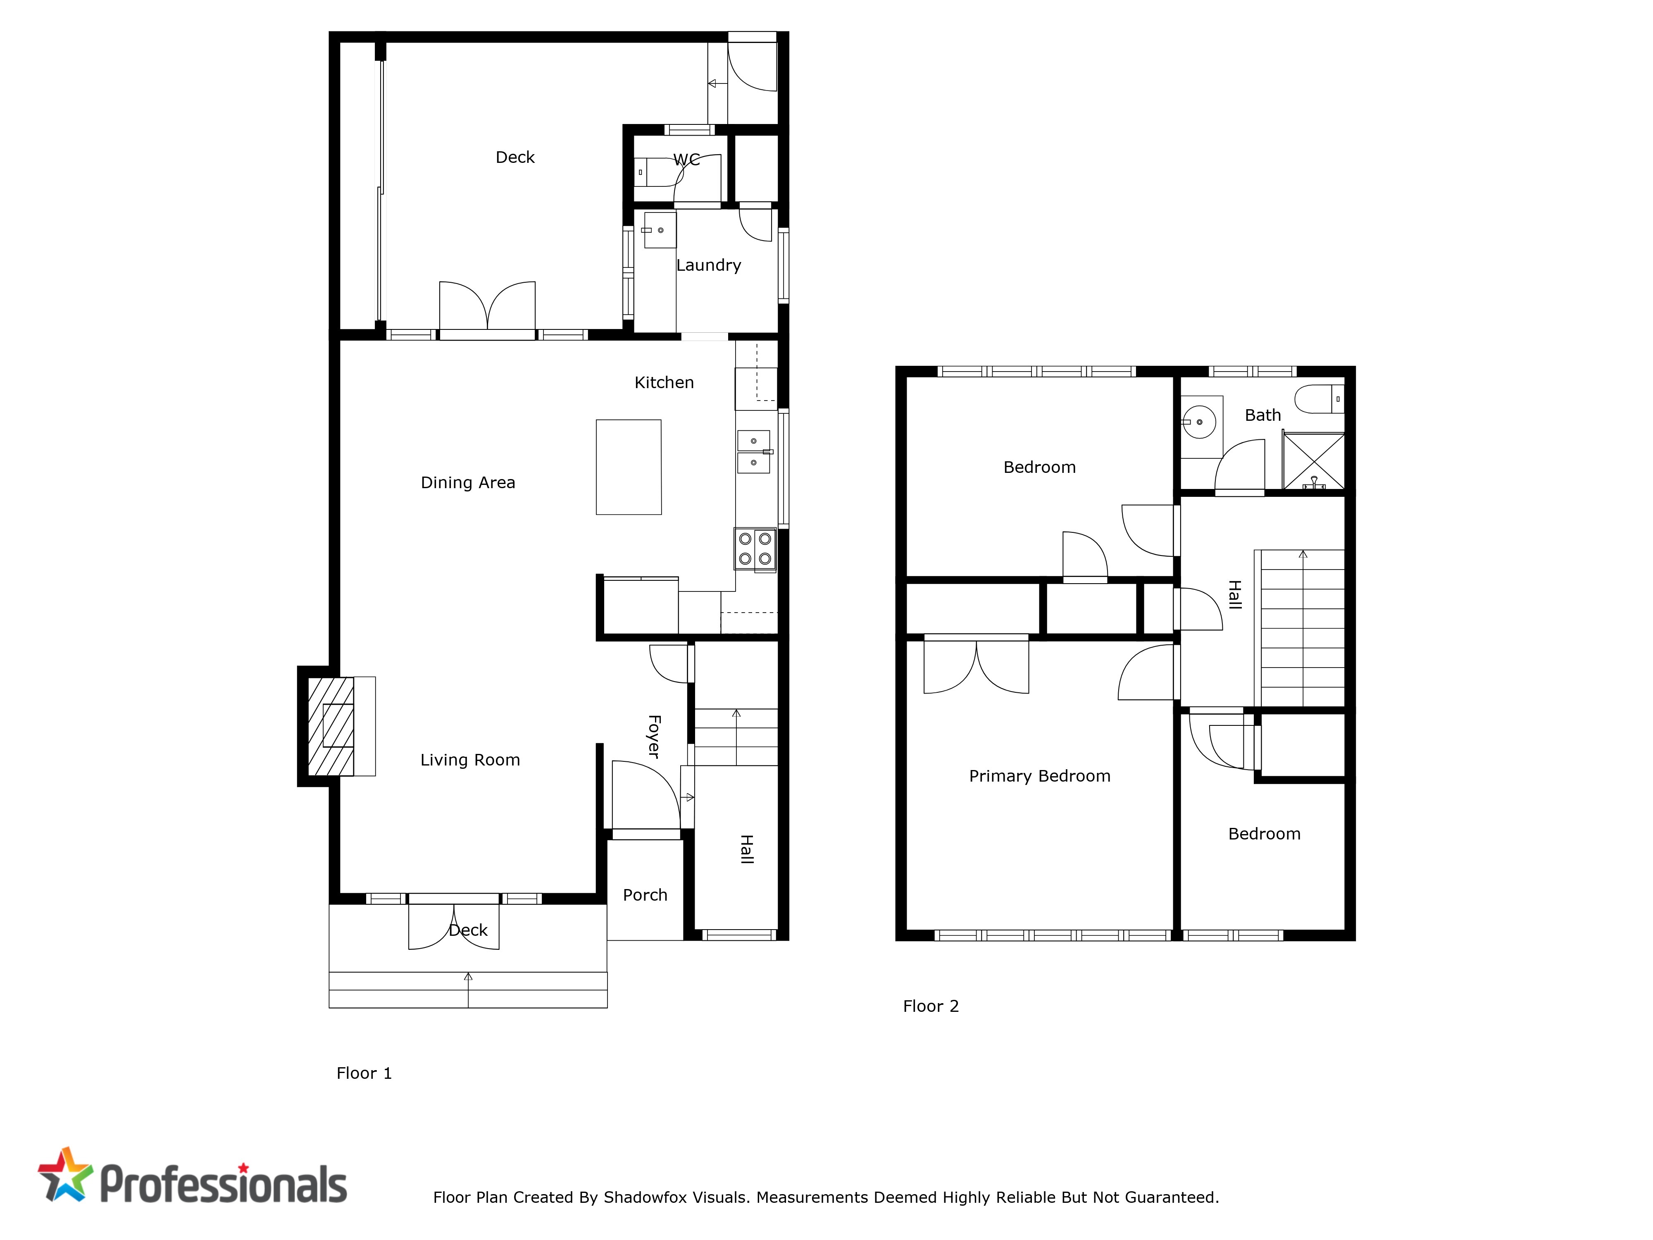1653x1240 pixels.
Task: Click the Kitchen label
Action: click(664, 383)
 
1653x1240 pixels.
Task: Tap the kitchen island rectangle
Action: click(629, 467)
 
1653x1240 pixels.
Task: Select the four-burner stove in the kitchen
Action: click(755, 550)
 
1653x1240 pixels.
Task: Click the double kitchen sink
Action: click(754, 451)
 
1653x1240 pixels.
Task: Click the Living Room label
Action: click(470, 760)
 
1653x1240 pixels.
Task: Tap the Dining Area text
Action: click(468, 483)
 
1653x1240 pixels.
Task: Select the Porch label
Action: click(645, 895)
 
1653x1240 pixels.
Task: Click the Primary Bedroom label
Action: click(1039, 777)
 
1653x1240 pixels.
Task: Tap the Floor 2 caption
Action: click(930, 1007)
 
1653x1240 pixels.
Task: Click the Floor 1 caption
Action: click(364, 1073)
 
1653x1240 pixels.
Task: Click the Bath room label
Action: click(1263, 415)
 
